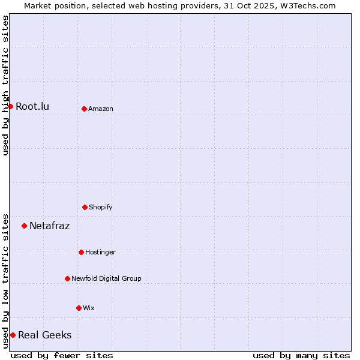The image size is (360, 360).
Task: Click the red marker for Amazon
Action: pyautogui.click(x=84, y=109)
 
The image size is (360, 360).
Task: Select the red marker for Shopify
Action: pyautogui.click(x=85, y=207)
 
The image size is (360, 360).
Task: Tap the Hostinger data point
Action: pyautogui.click(x=81, y=252)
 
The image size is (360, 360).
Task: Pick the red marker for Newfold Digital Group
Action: pyautogui.click(x=67, y=278)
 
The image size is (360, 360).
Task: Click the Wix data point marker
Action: pyautogui.click(x=79, y=308)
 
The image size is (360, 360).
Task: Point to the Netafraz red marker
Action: pyautogui.click(x=24, y=226)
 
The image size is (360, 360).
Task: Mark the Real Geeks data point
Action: pyautogui.click(x=13, y=335)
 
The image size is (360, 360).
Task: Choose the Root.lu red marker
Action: pyautogui.click(x=10, y=106)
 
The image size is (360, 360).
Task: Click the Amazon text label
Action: pyautogui.click(x=101, y=109)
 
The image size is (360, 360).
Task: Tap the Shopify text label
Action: pyautogui.click(x=101, y=207)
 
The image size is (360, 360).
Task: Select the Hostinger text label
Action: pyautogui.click(x=100, y=252)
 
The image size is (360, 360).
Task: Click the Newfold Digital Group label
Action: pyautogui.click(x=106, y=278)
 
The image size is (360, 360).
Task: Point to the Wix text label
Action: pyautogui.click(x=89, y=308)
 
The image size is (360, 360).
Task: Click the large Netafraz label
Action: pyautogui.click(x=49, y=226)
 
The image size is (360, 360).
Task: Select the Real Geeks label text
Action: pyautogui.click(x=44, y=335)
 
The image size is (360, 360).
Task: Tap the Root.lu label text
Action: pyautogui.click(x=32, y=106)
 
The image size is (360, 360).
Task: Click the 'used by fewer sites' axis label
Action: pyautogui.click(x=62, y=355)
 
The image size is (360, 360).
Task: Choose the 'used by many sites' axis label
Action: pyautogui.click(x=301, y=355)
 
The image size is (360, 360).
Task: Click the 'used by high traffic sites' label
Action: pyautogui.click(x=5, y=85)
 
